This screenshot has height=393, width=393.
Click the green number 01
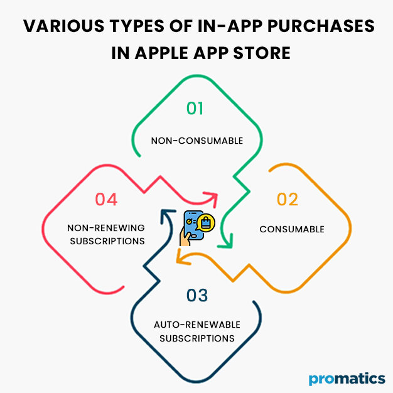pyautogui.click(x=195, y=109)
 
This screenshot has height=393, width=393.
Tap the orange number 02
pyautogui.click(x=287, y=200)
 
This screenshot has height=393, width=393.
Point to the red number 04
pyautogui.click(x=106, y=200)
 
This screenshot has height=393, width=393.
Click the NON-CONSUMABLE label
pyautogui.click(x=196, y=141)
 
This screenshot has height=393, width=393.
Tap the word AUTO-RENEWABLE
pyautogui.click(x=196, y=325)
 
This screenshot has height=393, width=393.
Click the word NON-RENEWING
pyautogui.click(x=105, y=227)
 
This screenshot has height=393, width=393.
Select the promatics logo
pyautogui.click(x=347, y=379)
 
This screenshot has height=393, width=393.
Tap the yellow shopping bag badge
pyautogui.click(x=206, y=222)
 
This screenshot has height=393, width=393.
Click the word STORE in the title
pyautogui.click(x=266, y=53)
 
